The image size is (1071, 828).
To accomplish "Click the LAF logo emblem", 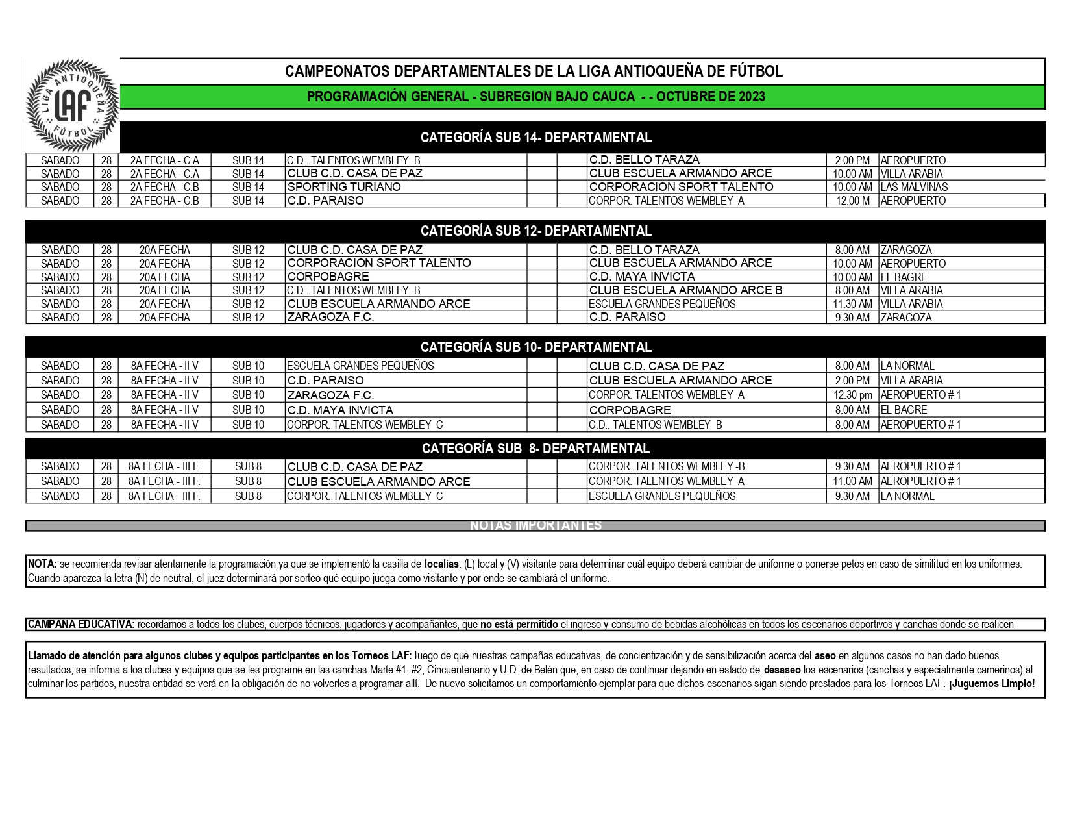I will click(x=73, y=105).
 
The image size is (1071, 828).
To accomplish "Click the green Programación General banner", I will click(x=536, y=97).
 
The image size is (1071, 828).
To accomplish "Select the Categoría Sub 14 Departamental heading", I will click(x=536, y=137).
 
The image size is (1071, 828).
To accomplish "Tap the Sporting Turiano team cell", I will click(x=344, y=187).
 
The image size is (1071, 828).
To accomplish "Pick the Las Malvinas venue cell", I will click(x=914, y=187).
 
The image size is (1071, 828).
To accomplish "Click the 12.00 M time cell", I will click(x=852, y=201).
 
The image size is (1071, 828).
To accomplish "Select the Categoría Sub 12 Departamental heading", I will click(x=536, y=231).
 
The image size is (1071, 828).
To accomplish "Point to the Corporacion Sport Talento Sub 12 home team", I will click(x=379, y=263).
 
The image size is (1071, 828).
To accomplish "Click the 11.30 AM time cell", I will click(x=852, y=304).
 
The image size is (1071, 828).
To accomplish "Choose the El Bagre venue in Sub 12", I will click(x=904, y=277).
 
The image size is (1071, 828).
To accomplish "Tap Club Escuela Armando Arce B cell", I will click(x=685, y=290).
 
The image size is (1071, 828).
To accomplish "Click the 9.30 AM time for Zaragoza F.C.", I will click(x=852, y=318).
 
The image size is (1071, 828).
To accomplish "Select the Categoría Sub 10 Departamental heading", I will click(x=536, y=347).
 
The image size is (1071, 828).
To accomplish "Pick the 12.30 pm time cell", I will click(x=852, y=395).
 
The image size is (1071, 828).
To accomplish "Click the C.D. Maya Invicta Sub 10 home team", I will click(x=340, y=410).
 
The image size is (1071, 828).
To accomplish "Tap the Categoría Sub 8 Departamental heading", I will click(x=536, y=448).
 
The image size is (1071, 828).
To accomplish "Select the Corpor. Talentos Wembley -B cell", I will click(x=667, y=466).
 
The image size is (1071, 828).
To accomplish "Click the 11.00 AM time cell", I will click(x=852, y=481).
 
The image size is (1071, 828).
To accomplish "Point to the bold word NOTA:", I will click(x=42, y=564).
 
